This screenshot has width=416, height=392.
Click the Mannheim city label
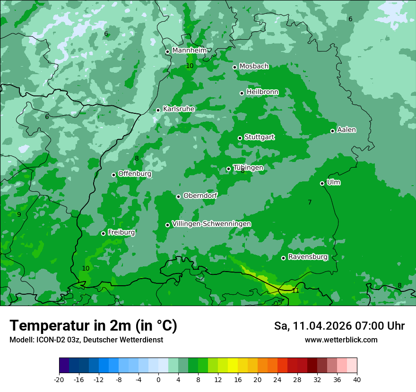click(x=189, y=51)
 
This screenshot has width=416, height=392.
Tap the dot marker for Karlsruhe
click(x=158, y=110)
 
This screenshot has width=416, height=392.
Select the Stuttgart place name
click(x=259, y=137)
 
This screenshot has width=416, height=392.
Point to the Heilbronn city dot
click(x=242, y=93)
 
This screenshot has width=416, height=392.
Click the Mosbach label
click(x=254, y=67)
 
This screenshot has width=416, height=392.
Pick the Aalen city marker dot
click(x=333, y=131)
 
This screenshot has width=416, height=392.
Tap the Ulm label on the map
click(x=333, y=182)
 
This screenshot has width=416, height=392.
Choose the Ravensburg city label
click(x=308, y=257)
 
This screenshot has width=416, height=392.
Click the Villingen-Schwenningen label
click(x=211, y=224)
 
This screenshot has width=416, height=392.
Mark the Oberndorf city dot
click(x=178, y=196)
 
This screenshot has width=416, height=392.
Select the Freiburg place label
click(x=121, y=232)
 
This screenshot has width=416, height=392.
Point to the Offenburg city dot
click(x=113, y=175)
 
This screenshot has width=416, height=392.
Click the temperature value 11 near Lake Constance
click(x=295, y=290)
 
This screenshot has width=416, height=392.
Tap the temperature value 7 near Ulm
click(x=310, y=203)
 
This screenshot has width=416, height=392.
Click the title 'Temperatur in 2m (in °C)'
click(x=93, y=326)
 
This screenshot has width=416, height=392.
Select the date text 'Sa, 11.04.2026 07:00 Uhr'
click(x=339, y=326)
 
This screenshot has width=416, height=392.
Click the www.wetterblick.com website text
click(x=341, y=340)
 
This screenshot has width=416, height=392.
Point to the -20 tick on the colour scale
click(x=59, y=379)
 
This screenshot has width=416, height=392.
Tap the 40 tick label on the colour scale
click(x=357, y=379)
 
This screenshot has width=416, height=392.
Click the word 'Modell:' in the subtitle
click(x=21, y=340)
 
